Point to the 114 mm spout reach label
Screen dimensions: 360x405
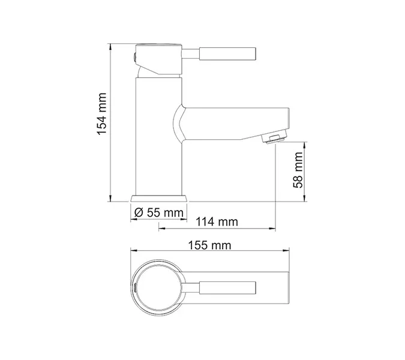coord(216,222)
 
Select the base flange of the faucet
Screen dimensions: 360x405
coord(159,198)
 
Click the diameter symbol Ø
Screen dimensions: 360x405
coord(138,213)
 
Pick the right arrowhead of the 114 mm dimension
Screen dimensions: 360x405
coord(273,229)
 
